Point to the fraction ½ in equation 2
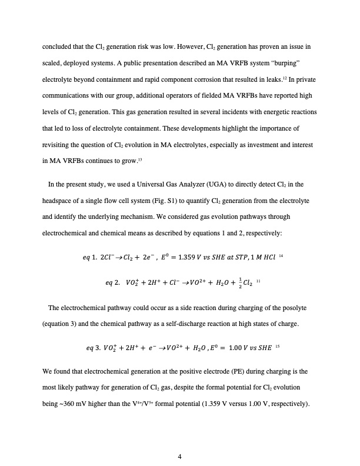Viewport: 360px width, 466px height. click(x=233, y=282)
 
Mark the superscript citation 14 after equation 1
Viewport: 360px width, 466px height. click(x=265, y=256)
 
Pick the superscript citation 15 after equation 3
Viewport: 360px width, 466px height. click(x=277, y=346)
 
